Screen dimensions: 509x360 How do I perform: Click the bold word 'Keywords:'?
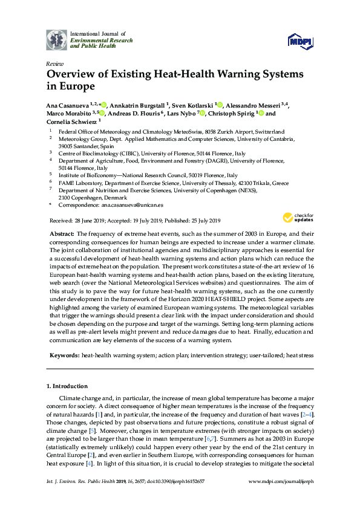tap(64, 356)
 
